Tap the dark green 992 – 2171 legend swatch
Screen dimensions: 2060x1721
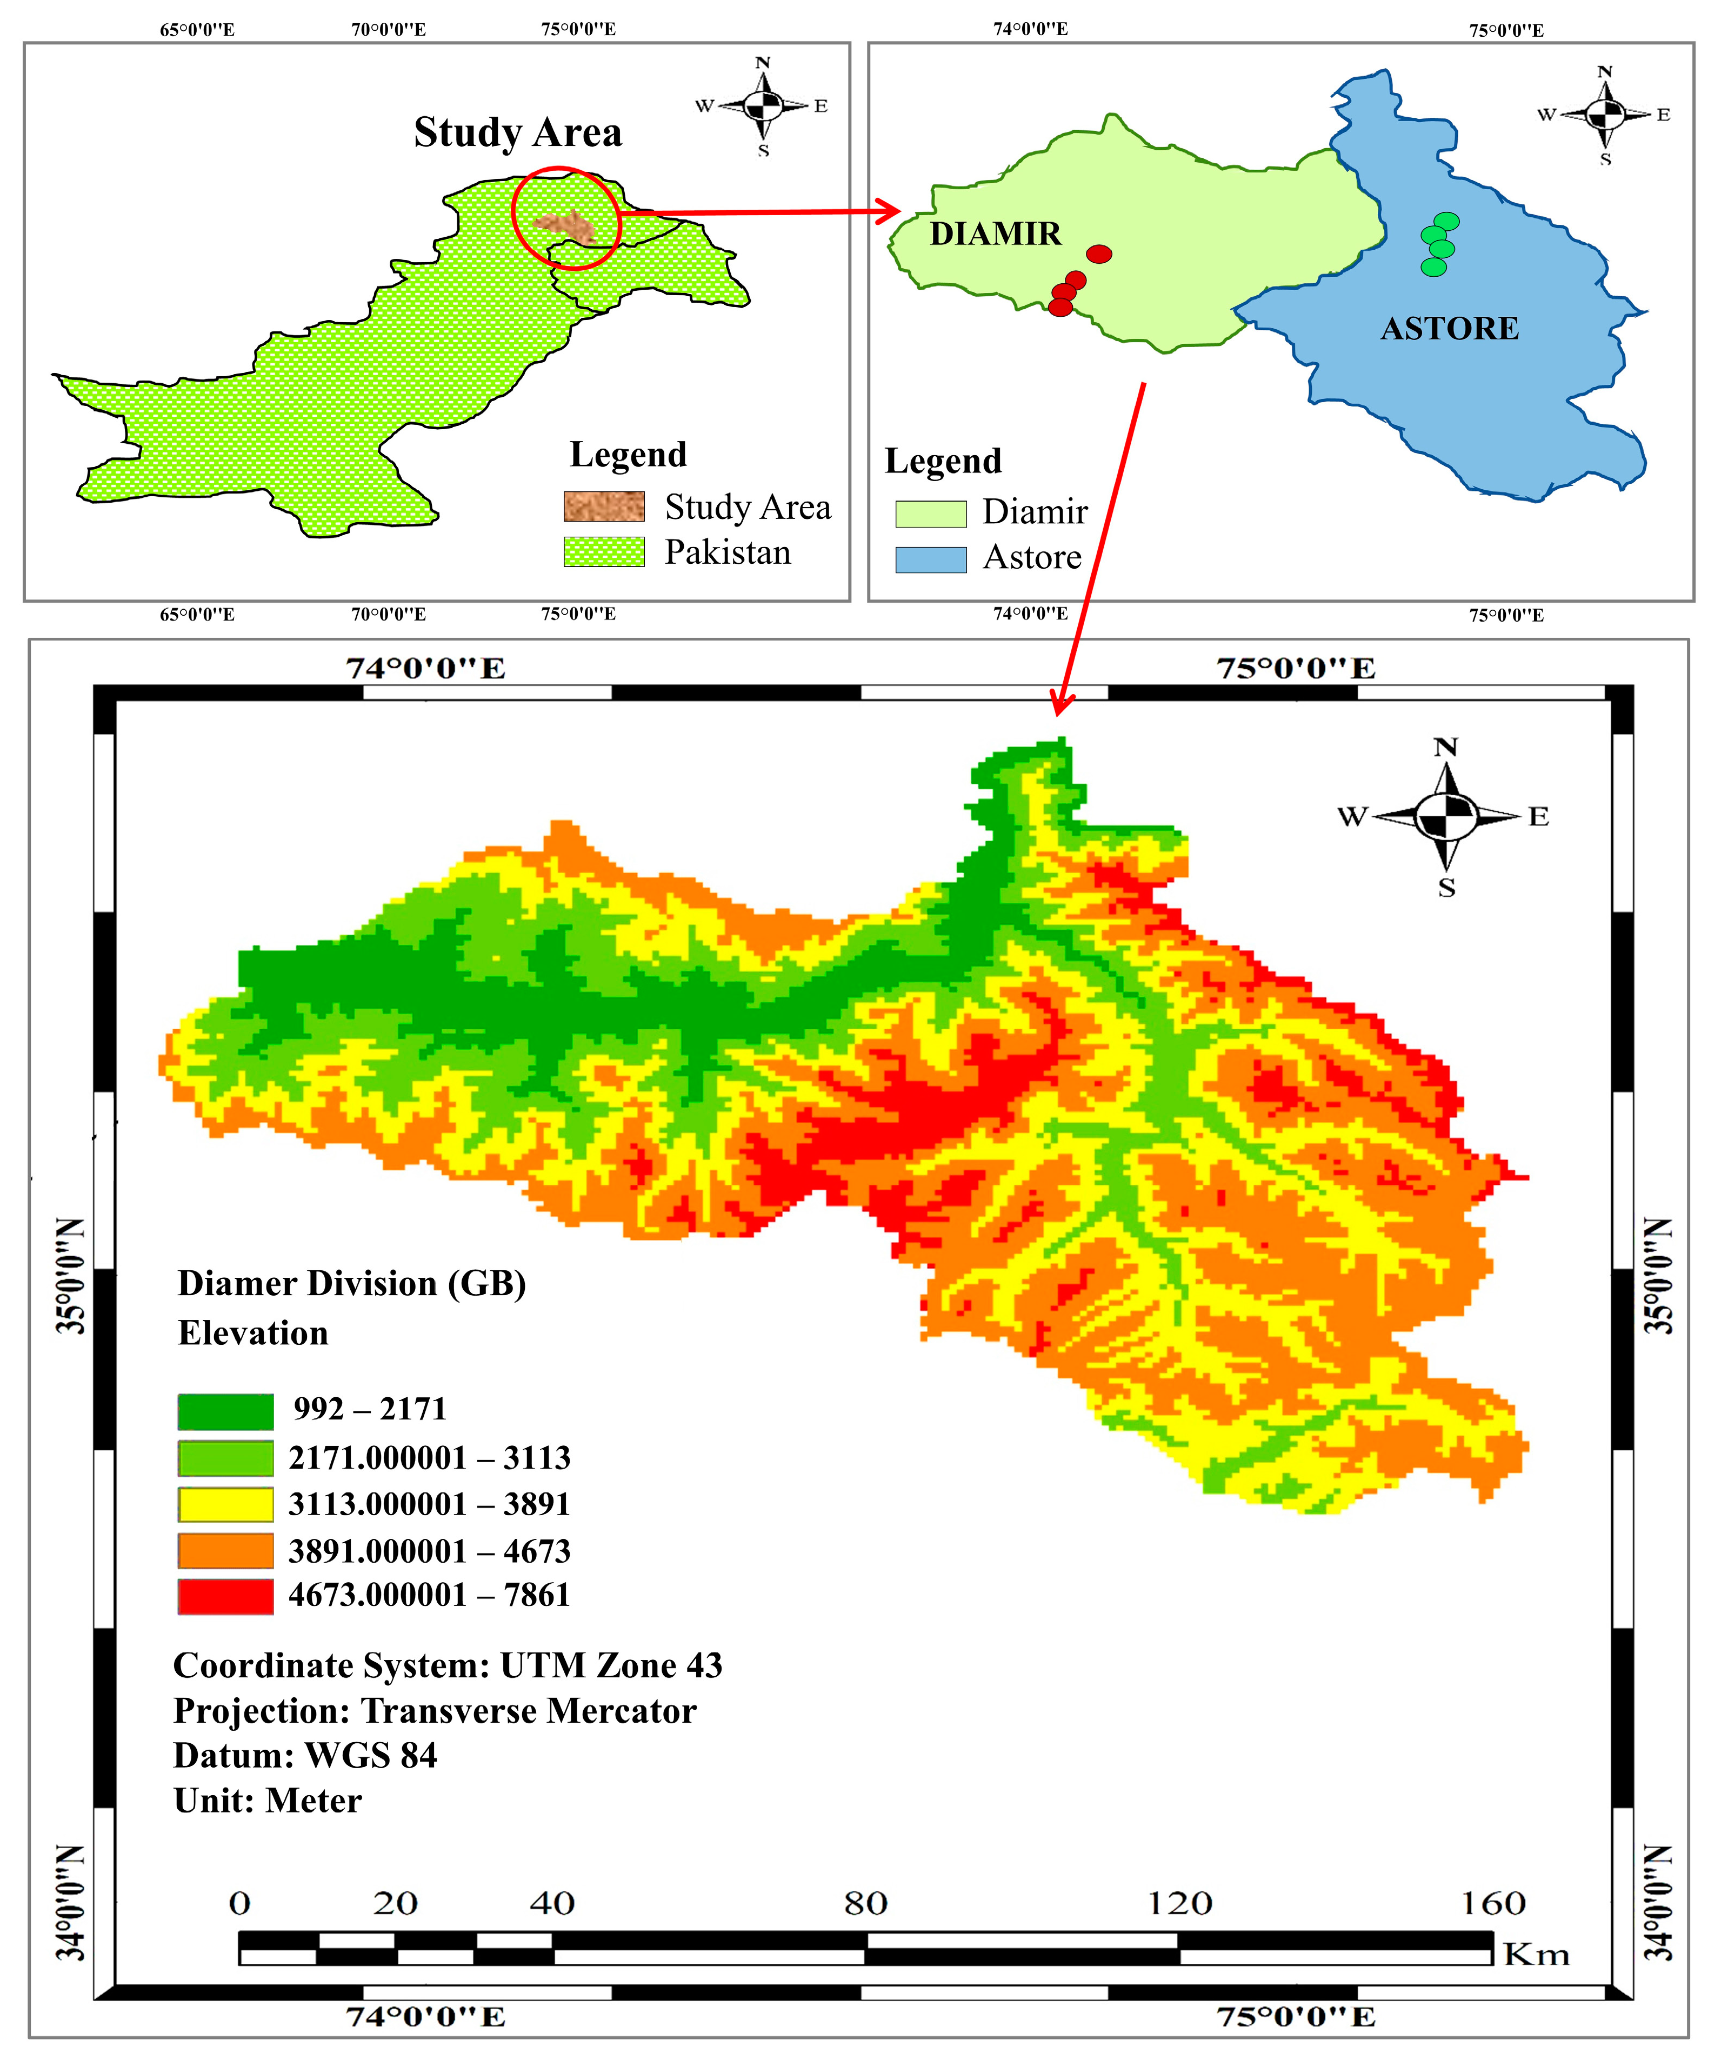(x=225, y=1411)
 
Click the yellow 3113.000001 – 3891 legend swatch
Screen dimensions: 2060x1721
(x=225, y=1504)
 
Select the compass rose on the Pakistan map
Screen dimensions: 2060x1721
(x=762, y=105)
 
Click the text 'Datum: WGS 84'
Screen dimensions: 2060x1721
(x=305, y=1755)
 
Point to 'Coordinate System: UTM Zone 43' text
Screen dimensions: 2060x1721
(x=447, y=1665)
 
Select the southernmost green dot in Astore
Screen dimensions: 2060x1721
(x=1433, y=267)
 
